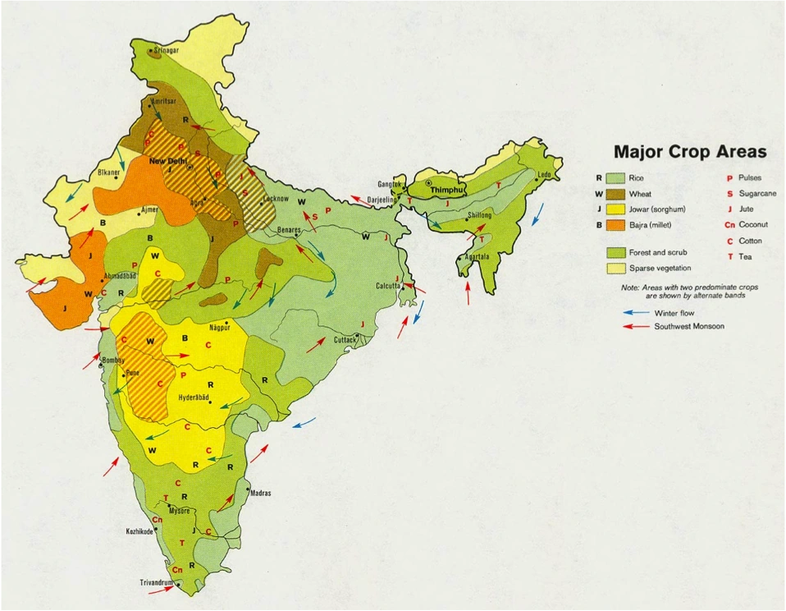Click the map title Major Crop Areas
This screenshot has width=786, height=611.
tap(690, 152)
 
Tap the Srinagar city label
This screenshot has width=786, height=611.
tap(167, 51)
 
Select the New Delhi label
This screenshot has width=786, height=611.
tap(168, 161)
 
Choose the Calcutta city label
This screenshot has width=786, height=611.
tap(387, 286)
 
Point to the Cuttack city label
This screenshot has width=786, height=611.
tap(345, 339)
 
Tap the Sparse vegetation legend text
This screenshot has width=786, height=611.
tap(660, 268)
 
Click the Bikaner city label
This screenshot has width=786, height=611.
tap(109, 173)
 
